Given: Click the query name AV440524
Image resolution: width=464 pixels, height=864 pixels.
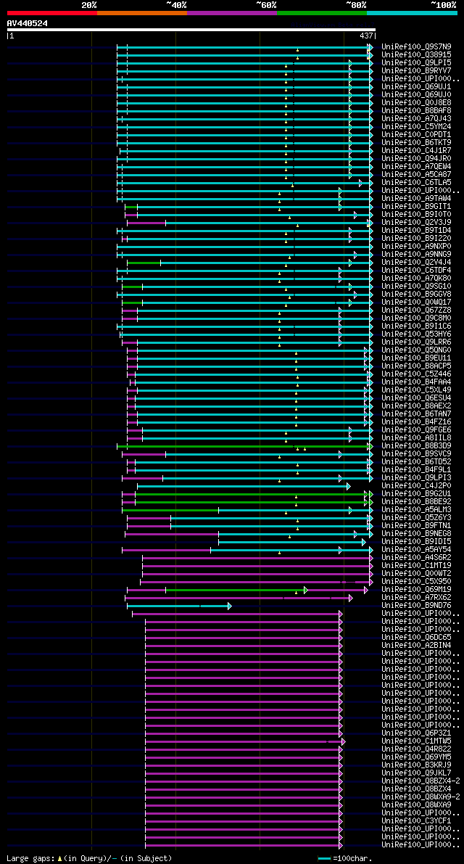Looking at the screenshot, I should (28, 23).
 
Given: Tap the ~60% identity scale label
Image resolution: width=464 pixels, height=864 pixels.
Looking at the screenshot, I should (266, 4).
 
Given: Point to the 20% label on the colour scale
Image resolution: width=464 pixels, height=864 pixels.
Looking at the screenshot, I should (89, 4).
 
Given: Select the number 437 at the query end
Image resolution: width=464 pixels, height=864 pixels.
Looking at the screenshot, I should (366, 35).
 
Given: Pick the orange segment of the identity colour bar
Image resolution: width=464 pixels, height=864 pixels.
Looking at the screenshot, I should (142, 12).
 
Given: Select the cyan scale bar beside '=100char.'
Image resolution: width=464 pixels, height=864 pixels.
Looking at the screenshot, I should (324, 858).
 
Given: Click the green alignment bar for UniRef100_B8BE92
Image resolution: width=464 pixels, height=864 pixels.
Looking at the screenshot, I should (251, 501).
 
